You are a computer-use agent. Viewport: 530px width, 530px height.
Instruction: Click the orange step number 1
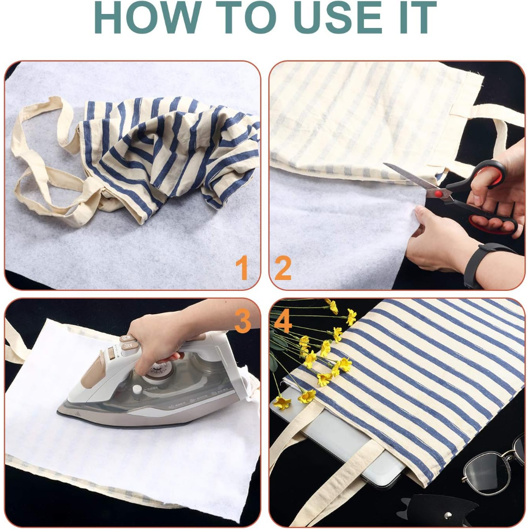click(x=242, y=268)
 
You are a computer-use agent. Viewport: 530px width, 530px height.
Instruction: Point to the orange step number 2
click(x=283, y=268)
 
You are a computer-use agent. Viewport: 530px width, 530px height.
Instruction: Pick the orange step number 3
click(x=242, y=321)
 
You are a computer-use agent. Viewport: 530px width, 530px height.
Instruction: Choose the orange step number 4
click(x=283, y=322)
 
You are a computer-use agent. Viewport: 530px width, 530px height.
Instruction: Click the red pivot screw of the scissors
click(x=438, y=193)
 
